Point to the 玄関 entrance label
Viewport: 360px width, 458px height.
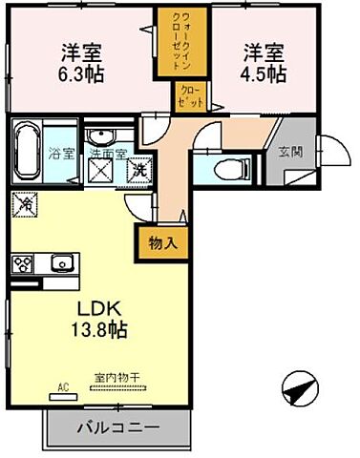(x=288, y=151)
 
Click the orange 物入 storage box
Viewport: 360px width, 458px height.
(x=163, y=242)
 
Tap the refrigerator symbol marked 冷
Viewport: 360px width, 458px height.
(x=25, y=203)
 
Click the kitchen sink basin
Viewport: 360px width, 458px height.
(x=62, y=261)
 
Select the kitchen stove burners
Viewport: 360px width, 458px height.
(x=22, y=262)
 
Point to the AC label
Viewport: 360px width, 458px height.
(x=64, y=387)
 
